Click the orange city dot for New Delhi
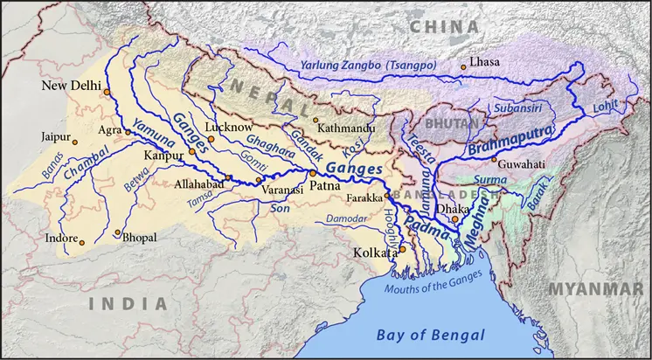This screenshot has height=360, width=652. (x=106, y=91)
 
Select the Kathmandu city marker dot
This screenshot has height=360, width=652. (x=316, y=120)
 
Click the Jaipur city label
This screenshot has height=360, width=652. (x=53, y=137)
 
